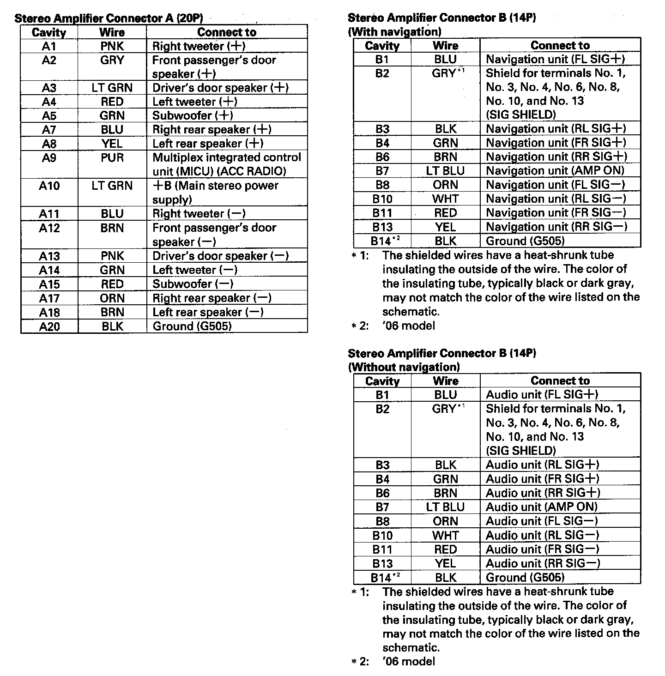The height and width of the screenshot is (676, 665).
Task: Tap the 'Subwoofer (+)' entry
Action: coord(193,115)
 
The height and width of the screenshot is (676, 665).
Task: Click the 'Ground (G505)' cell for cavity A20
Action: coord(192,326)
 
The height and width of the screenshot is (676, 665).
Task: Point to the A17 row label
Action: coord(49,298)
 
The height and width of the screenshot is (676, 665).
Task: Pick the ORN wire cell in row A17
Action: coord(112,298)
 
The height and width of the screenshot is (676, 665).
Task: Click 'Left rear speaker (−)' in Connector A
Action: coord(208,313)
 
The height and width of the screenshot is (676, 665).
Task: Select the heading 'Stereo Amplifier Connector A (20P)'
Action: coord(109,18)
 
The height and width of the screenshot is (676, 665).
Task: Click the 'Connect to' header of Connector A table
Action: coord(226,32)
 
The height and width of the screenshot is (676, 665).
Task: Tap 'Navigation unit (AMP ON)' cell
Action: coord(555,171)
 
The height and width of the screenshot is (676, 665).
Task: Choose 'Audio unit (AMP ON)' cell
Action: coord(542,507)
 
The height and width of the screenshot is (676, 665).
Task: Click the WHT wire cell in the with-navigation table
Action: coord(445,199)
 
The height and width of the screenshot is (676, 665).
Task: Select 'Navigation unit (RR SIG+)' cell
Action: coord(556,157)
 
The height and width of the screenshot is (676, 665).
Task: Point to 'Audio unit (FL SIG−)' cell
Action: coord(542,521)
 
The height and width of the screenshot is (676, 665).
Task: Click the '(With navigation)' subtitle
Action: coord(394,32)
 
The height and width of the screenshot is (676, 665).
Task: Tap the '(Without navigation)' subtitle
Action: coord(404,368)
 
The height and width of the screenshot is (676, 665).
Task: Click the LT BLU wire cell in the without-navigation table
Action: coord(445,507)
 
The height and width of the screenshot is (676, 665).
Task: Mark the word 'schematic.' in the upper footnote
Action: coord(410,312)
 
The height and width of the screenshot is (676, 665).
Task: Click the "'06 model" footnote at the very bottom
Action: coord(409,662)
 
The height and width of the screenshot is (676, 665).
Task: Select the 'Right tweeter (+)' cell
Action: coord(199,46)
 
